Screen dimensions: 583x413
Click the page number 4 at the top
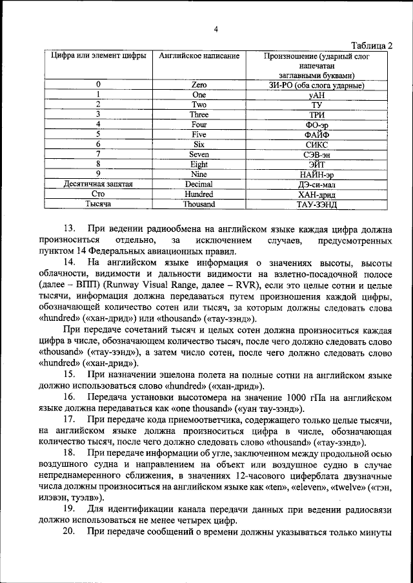point(216,28)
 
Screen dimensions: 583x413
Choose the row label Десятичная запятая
point(98,184)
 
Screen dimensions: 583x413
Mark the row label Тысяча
point(98,204)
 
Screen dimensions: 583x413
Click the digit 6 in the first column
point(98,144)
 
